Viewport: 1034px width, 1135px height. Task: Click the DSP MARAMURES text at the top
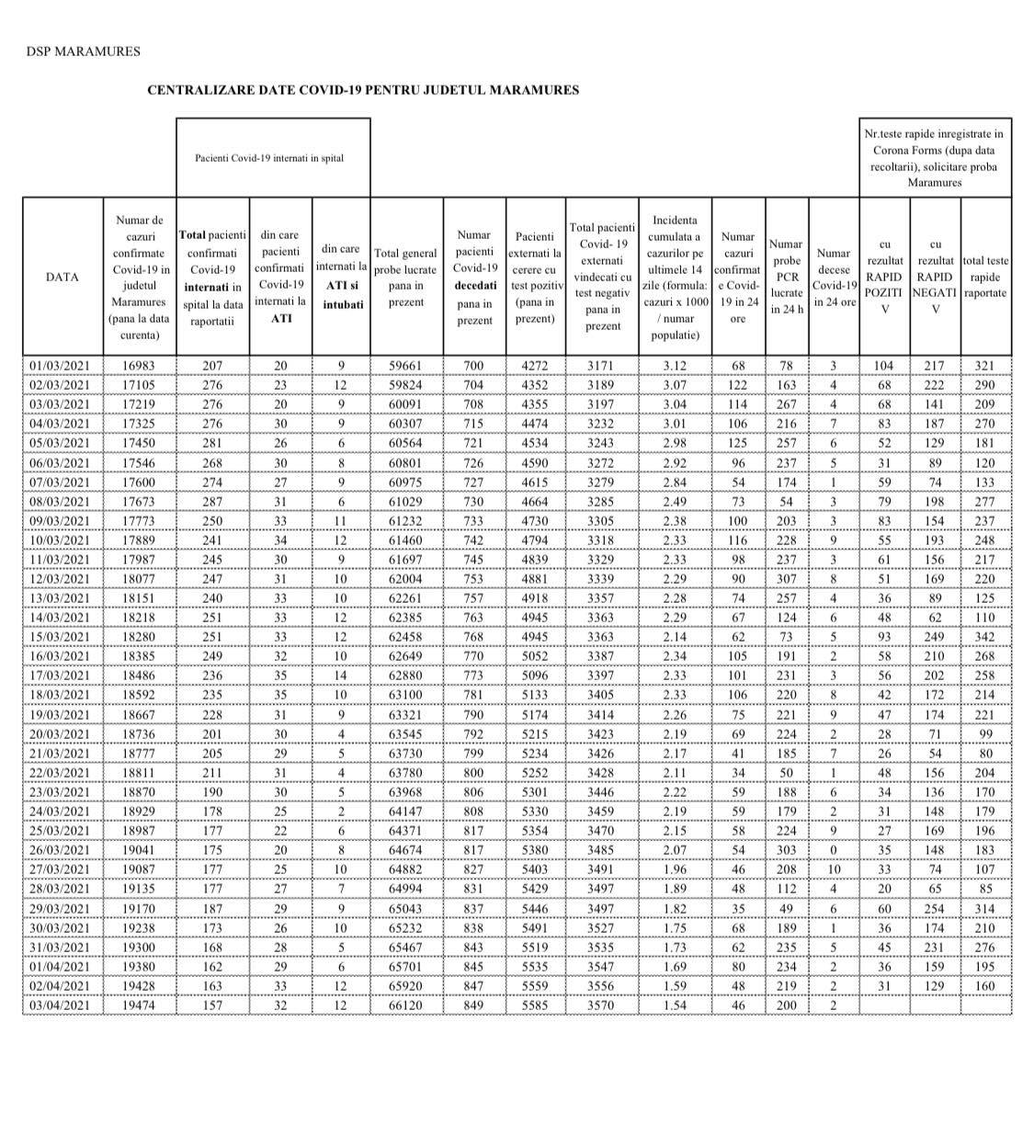pos(83,51)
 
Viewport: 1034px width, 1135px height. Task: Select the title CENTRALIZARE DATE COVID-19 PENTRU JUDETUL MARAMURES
pos(363,90)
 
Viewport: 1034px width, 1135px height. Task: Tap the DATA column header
pos(62,277)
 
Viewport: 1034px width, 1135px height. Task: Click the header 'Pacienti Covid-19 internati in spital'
pos(269,158)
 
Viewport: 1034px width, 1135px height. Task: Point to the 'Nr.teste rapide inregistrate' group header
pos(935,158)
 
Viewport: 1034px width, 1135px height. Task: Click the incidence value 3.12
pos(675,366)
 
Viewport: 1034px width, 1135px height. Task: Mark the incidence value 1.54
pos(675,1005)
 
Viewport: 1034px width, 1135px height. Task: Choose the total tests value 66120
pos(406,1005)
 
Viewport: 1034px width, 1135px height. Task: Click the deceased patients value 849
pos(474,1005)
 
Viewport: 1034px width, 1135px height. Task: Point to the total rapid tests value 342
pos(985,637)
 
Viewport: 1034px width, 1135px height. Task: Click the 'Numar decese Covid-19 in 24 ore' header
pos(834,277)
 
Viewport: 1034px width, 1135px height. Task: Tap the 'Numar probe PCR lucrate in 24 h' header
pos(787,277)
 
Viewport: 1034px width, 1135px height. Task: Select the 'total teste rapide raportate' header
pos(985,277)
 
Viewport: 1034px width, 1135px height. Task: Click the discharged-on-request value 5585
pos(535,1005)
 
